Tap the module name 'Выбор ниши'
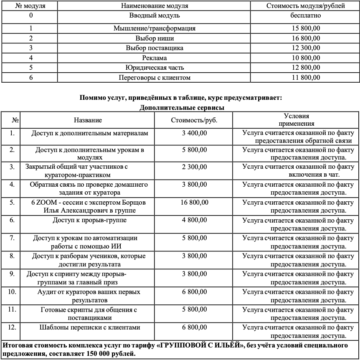pos(155,38)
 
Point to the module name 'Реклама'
pos(155,58)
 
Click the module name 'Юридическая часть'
pos(155,67)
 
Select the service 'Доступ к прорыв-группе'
pos(90,220)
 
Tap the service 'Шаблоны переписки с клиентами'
pos(90,327)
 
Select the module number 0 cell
pos(31,16)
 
